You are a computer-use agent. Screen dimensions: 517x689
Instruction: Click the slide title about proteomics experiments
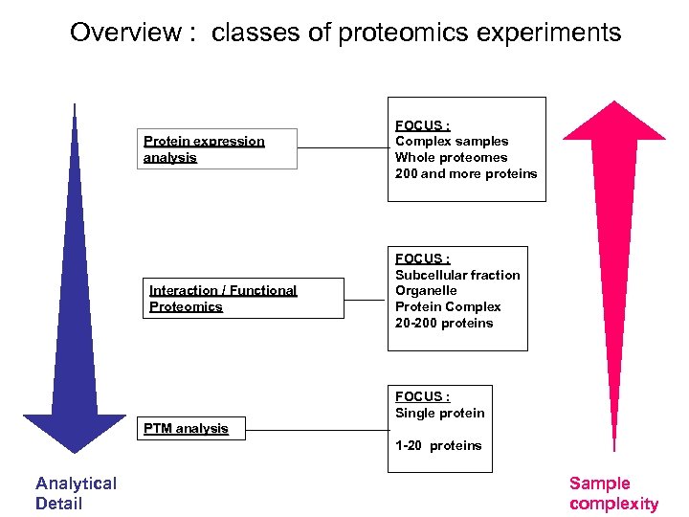point(345,33)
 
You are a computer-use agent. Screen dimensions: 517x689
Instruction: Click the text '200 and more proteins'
point(466,173)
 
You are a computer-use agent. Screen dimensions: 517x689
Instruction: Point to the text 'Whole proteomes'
point(452,157)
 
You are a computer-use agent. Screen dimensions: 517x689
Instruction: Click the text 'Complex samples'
point(452,141)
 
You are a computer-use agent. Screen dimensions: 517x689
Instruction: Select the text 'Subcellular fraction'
point(457,275)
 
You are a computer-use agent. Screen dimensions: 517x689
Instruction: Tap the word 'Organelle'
point(426,290)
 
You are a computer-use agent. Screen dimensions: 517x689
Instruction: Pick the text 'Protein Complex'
point(448,306)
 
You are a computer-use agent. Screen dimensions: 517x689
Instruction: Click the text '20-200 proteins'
point(444,323)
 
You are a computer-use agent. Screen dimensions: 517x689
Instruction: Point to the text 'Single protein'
point(440,413)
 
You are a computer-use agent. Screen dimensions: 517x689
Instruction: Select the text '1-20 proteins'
point(438,445)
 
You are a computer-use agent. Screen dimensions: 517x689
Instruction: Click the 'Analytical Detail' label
point(76,493)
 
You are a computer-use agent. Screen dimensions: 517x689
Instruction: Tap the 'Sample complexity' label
point(613,493)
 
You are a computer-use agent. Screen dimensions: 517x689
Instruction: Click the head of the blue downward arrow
point(75,431)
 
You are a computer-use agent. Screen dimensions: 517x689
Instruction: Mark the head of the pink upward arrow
point(611,121)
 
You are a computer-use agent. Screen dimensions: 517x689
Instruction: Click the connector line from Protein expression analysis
point(342,149)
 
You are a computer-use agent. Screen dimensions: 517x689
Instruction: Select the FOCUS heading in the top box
point(422,124)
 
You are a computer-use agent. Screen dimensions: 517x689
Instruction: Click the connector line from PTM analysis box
point(315,429)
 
